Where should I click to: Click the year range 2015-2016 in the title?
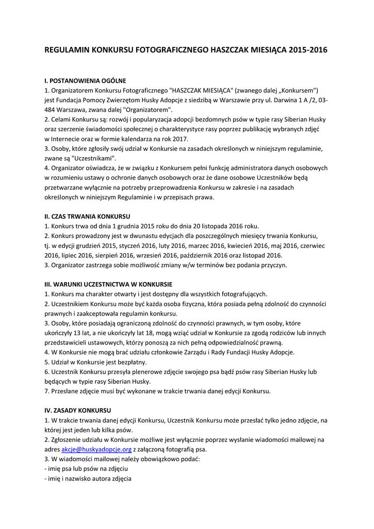[308, 51]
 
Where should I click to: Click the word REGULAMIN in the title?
[67, 51]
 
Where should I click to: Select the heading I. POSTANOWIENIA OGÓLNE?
[85, 81]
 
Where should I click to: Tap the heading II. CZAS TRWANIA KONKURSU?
[87, 216]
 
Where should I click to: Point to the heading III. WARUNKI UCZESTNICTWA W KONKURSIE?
[108, 284]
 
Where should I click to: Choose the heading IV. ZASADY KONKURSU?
[78, 410]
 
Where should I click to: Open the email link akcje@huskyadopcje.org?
[96, 449]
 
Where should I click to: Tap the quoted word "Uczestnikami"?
[94, 158]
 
